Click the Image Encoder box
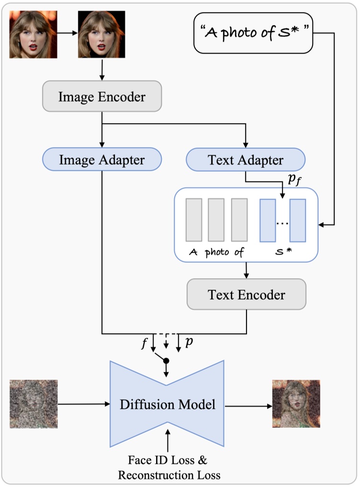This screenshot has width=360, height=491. (x=102, y=97)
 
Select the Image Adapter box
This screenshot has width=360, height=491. (x=102, y=160)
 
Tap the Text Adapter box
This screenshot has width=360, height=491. (x=245, y=160)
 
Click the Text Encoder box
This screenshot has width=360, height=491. (x=246, y=294)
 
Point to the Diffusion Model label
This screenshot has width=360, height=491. (x=167, y=404)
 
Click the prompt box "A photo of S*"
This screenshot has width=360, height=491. (x=253, y=33)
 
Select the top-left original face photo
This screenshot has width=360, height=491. (x=34, y=34)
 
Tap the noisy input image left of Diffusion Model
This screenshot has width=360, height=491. (x=34, y=403)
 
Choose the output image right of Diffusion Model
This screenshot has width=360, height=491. (x=296, y=403)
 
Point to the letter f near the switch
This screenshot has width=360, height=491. (x=144, y=344)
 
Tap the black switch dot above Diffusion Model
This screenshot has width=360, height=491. (x=167, y=360)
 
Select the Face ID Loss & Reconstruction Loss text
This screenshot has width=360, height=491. (x=167, y=468)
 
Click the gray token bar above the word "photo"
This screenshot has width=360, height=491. (x=216, y=220)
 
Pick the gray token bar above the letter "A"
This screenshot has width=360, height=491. (x=194, y=220)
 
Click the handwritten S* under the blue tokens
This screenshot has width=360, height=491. (x=282, y=252)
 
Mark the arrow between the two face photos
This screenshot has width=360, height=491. (x=67, y=34)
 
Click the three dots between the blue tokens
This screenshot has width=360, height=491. (x=282, y=223)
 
